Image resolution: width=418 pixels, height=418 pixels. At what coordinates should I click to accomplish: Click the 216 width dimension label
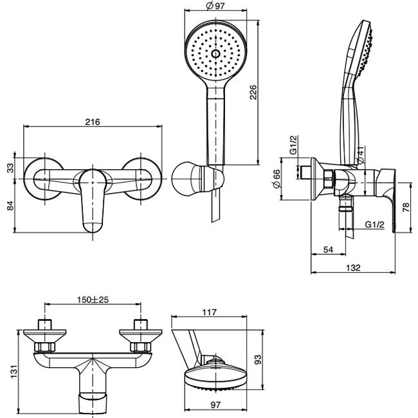coord(93,122)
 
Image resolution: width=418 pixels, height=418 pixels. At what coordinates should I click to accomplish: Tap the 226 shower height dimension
coord(253,92)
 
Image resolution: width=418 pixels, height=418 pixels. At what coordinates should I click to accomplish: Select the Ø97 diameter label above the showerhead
coord(215,6)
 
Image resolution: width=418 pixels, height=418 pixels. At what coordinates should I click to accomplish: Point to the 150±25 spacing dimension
coord(93,300)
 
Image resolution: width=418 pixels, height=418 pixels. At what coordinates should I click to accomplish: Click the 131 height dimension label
coord(14,371)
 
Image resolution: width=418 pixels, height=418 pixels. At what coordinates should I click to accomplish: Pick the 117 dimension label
coord(209,312)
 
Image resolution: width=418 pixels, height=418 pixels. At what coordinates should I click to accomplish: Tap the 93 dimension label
coord(258,359)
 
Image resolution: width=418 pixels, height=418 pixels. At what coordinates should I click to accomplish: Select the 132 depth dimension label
coord(353,268)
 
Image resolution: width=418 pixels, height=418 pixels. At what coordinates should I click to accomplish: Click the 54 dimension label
coord(328,250)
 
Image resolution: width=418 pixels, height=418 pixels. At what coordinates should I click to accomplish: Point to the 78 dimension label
coord(405,207)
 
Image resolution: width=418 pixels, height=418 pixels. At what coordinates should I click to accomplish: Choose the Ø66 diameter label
coord(277,179)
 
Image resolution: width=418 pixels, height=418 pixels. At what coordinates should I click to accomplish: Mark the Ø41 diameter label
coord(360,155)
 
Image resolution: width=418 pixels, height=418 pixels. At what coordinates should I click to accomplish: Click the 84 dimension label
coord(10,205)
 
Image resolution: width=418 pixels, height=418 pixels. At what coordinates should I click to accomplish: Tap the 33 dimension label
coord(10,168)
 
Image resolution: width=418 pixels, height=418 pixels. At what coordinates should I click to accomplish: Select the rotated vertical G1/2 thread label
coord(293,145)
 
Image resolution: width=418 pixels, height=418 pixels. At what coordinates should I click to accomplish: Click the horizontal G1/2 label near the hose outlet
coord(374,224)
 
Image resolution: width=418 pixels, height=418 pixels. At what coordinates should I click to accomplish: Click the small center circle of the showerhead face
coord(215,54)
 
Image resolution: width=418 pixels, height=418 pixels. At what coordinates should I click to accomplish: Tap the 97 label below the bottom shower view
coord(215,404)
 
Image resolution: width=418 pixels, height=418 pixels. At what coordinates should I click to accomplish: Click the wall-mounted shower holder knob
coord(186,178)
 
